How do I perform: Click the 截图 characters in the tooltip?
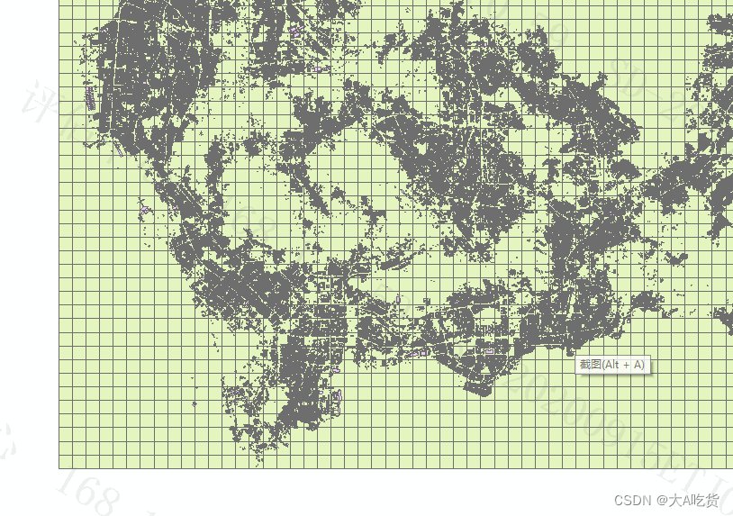coord(590,365)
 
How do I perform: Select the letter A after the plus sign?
coord(637,365)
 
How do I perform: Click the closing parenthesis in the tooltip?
coord(643,365)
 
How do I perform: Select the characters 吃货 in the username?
coord(708,500)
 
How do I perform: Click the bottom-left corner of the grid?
coord(59,467)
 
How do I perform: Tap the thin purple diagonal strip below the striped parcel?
coord(118,149)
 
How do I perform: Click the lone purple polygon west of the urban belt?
coord(145,210)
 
